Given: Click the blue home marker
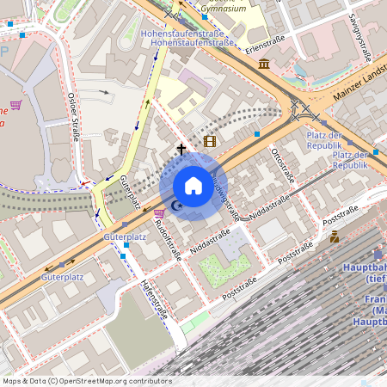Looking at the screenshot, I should (193, 186).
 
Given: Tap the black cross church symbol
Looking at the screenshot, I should (181, 150).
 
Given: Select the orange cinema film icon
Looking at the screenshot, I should (210, 141).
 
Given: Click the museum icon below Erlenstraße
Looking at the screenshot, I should (263, 64).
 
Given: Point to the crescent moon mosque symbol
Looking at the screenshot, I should (177, 206).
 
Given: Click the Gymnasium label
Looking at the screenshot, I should (222, 9).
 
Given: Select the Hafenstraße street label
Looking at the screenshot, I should (153, 298).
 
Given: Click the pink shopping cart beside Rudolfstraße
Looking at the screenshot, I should (159, 213).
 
